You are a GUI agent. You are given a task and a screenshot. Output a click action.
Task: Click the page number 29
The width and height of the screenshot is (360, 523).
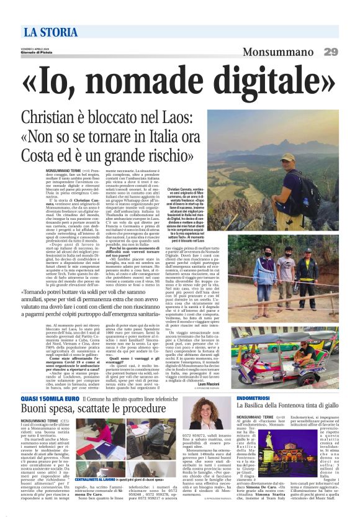click(x=330, y=52)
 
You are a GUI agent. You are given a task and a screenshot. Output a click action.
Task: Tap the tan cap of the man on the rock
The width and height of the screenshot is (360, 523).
click(x=287, y=158)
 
